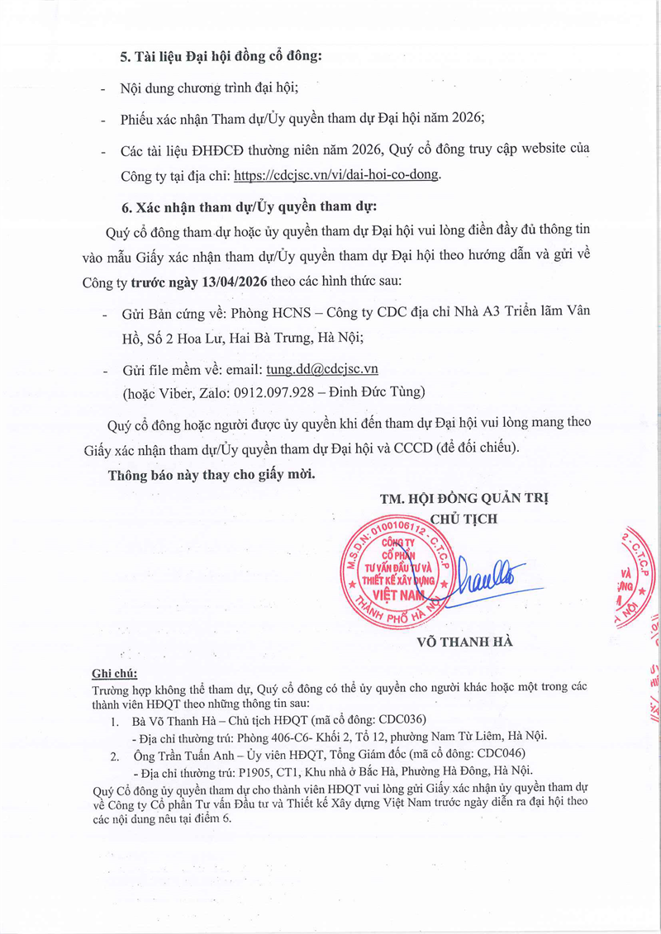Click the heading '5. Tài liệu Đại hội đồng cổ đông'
click(x=221, y=57)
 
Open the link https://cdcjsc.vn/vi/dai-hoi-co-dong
click(x=337, y=174)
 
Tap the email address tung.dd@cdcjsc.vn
click(x=322, y=369)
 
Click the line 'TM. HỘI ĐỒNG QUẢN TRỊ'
click(x=464, y=499)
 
